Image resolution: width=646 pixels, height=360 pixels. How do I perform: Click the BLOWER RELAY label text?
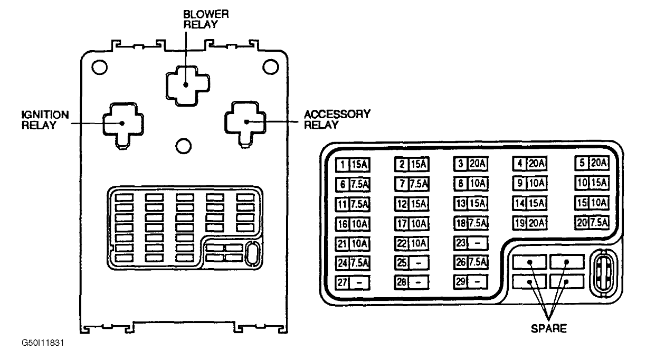pos(206,20)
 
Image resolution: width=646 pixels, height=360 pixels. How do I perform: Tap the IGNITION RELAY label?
pos(45,120)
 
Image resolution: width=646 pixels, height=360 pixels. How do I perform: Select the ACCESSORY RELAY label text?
pos(337,119)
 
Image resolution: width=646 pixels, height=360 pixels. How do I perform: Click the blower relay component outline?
pos(166,86)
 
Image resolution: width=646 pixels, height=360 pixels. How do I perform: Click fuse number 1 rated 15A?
pos(353,165)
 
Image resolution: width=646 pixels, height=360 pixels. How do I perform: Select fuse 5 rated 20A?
pos(592,163)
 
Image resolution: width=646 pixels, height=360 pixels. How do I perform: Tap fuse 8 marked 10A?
pos(471,184)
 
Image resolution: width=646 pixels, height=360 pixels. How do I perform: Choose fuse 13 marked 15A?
pos(471,204)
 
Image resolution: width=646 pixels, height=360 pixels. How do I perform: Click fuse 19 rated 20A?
pos(530,223)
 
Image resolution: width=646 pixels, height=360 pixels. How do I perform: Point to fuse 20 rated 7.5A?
pos(592,223)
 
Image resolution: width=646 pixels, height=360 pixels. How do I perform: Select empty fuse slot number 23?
pos(471,243)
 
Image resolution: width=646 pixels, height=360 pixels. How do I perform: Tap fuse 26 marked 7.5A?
pos(471,262)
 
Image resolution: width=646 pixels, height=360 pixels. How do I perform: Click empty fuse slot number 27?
pos(353,283)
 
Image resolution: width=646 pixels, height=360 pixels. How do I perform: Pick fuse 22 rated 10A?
pos(412,244)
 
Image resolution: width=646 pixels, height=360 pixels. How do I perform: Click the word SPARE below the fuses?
pos(549,328)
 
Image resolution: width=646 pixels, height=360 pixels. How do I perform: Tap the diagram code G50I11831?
pos(43,343)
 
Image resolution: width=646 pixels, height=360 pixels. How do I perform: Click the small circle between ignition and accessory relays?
pos(184,146)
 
